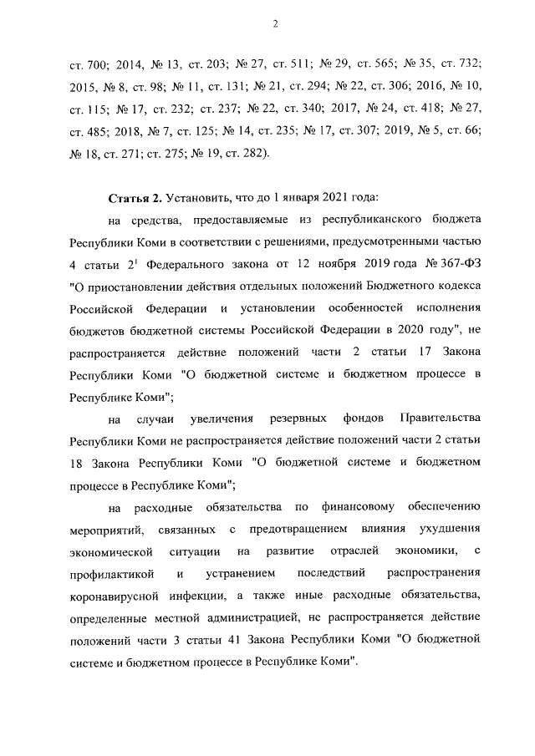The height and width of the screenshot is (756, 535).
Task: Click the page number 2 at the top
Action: pyautogui.click(x=274, y=23)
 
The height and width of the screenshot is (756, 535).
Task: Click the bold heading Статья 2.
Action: pyautogui.click(x=135, y=198)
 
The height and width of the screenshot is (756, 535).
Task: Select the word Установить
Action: pyautogui.click(x=198, y=198)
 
